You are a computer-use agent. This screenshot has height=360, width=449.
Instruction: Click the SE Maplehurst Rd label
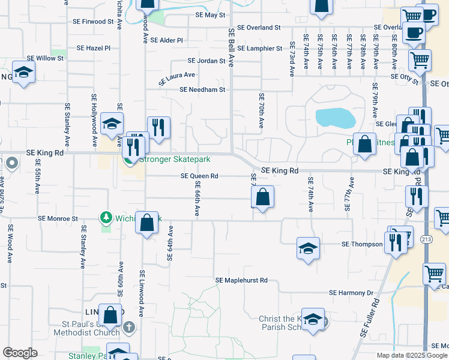pyautogui.click(x=241, y=280)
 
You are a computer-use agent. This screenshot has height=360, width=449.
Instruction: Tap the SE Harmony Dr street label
pyautogui.click(x=351, y=293)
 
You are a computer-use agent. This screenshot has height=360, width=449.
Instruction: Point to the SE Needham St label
pyautogui.click(x=202, y=90)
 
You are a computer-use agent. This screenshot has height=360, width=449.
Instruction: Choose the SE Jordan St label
pyautogui.click(x=206, y=61)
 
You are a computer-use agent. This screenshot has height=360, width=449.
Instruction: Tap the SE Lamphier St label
pyautogui.click(x=259, y=48)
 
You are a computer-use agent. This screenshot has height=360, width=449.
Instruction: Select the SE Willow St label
pyautogui.click(x=45, y=58)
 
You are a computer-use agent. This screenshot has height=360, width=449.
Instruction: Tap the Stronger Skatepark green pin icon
pyautogui.click(x=128, y=160)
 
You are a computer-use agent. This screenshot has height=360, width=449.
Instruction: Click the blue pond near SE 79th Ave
pyautogui.click(x=334, y=118)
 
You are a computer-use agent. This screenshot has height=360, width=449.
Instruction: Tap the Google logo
pyautogui.click(x=20, y=353)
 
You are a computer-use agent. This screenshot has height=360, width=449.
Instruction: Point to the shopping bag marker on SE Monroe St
pyautogui.click(x=147, y=224)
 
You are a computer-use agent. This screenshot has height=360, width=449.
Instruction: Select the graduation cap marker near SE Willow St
pyautogui.click(x=23, y=73)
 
